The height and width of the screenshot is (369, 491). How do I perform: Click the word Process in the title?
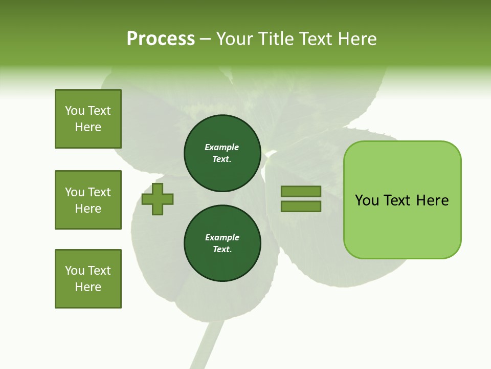click(x=161, y=39)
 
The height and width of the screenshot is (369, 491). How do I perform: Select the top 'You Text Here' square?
click(x=88, y=119)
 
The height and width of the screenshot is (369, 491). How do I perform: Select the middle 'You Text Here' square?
click(x=88, y=200)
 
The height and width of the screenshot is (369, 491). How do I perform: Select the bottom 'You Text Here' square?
click(x=88, y=279)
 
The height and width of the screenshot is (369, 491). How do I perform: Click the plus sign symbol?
click(x=158, y=199)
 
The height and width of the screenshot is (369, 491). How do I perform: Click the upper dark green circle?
click(x=222, y=153)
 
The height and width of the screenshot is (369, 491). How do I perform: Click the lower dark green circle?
click(x=222, y=243)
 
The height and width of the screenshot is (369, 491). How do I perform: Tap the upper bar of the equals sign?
click(x=301, y=191)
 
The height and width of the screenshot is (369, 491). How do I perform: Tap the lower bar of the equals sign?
click(x=301, y=206)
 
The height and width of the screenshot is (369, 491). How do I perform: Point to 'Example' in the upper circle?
click(x=222, y=147)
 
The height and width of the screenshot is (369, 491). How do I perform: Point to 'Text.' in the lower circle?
click(x=222, y=249)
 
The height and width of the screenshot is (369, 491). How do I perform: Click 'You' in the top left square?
click(x=75, y=111)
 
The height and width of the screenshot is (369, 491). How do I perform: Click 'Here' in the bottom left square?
click(x=88, y=287)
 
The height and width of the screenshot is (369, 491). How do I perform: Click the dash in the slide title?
click(x=205, y=39)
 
